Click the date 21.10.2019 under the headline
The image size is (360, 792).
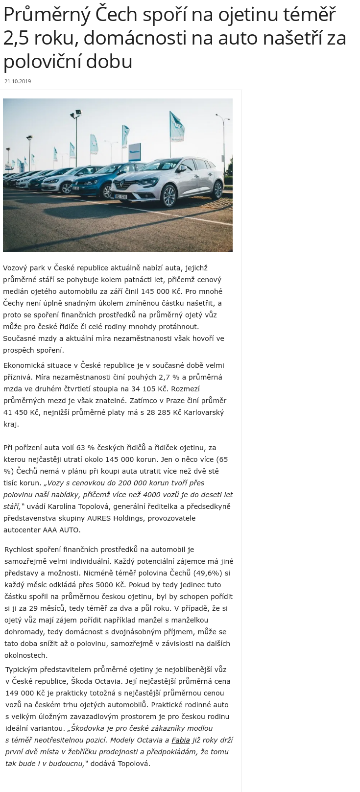(x=18, y=81)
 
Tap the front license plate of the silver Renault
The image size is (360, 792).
(x=121, y=196)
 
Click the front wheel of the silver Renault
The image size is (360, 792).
(x=169, y=196)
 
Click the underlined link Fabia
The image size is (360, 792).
(x=181, y=740)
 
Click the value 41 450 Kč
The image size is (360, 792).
(x=21, y=412)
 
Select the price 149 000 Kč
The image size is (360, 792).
(x=23, y=693)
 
